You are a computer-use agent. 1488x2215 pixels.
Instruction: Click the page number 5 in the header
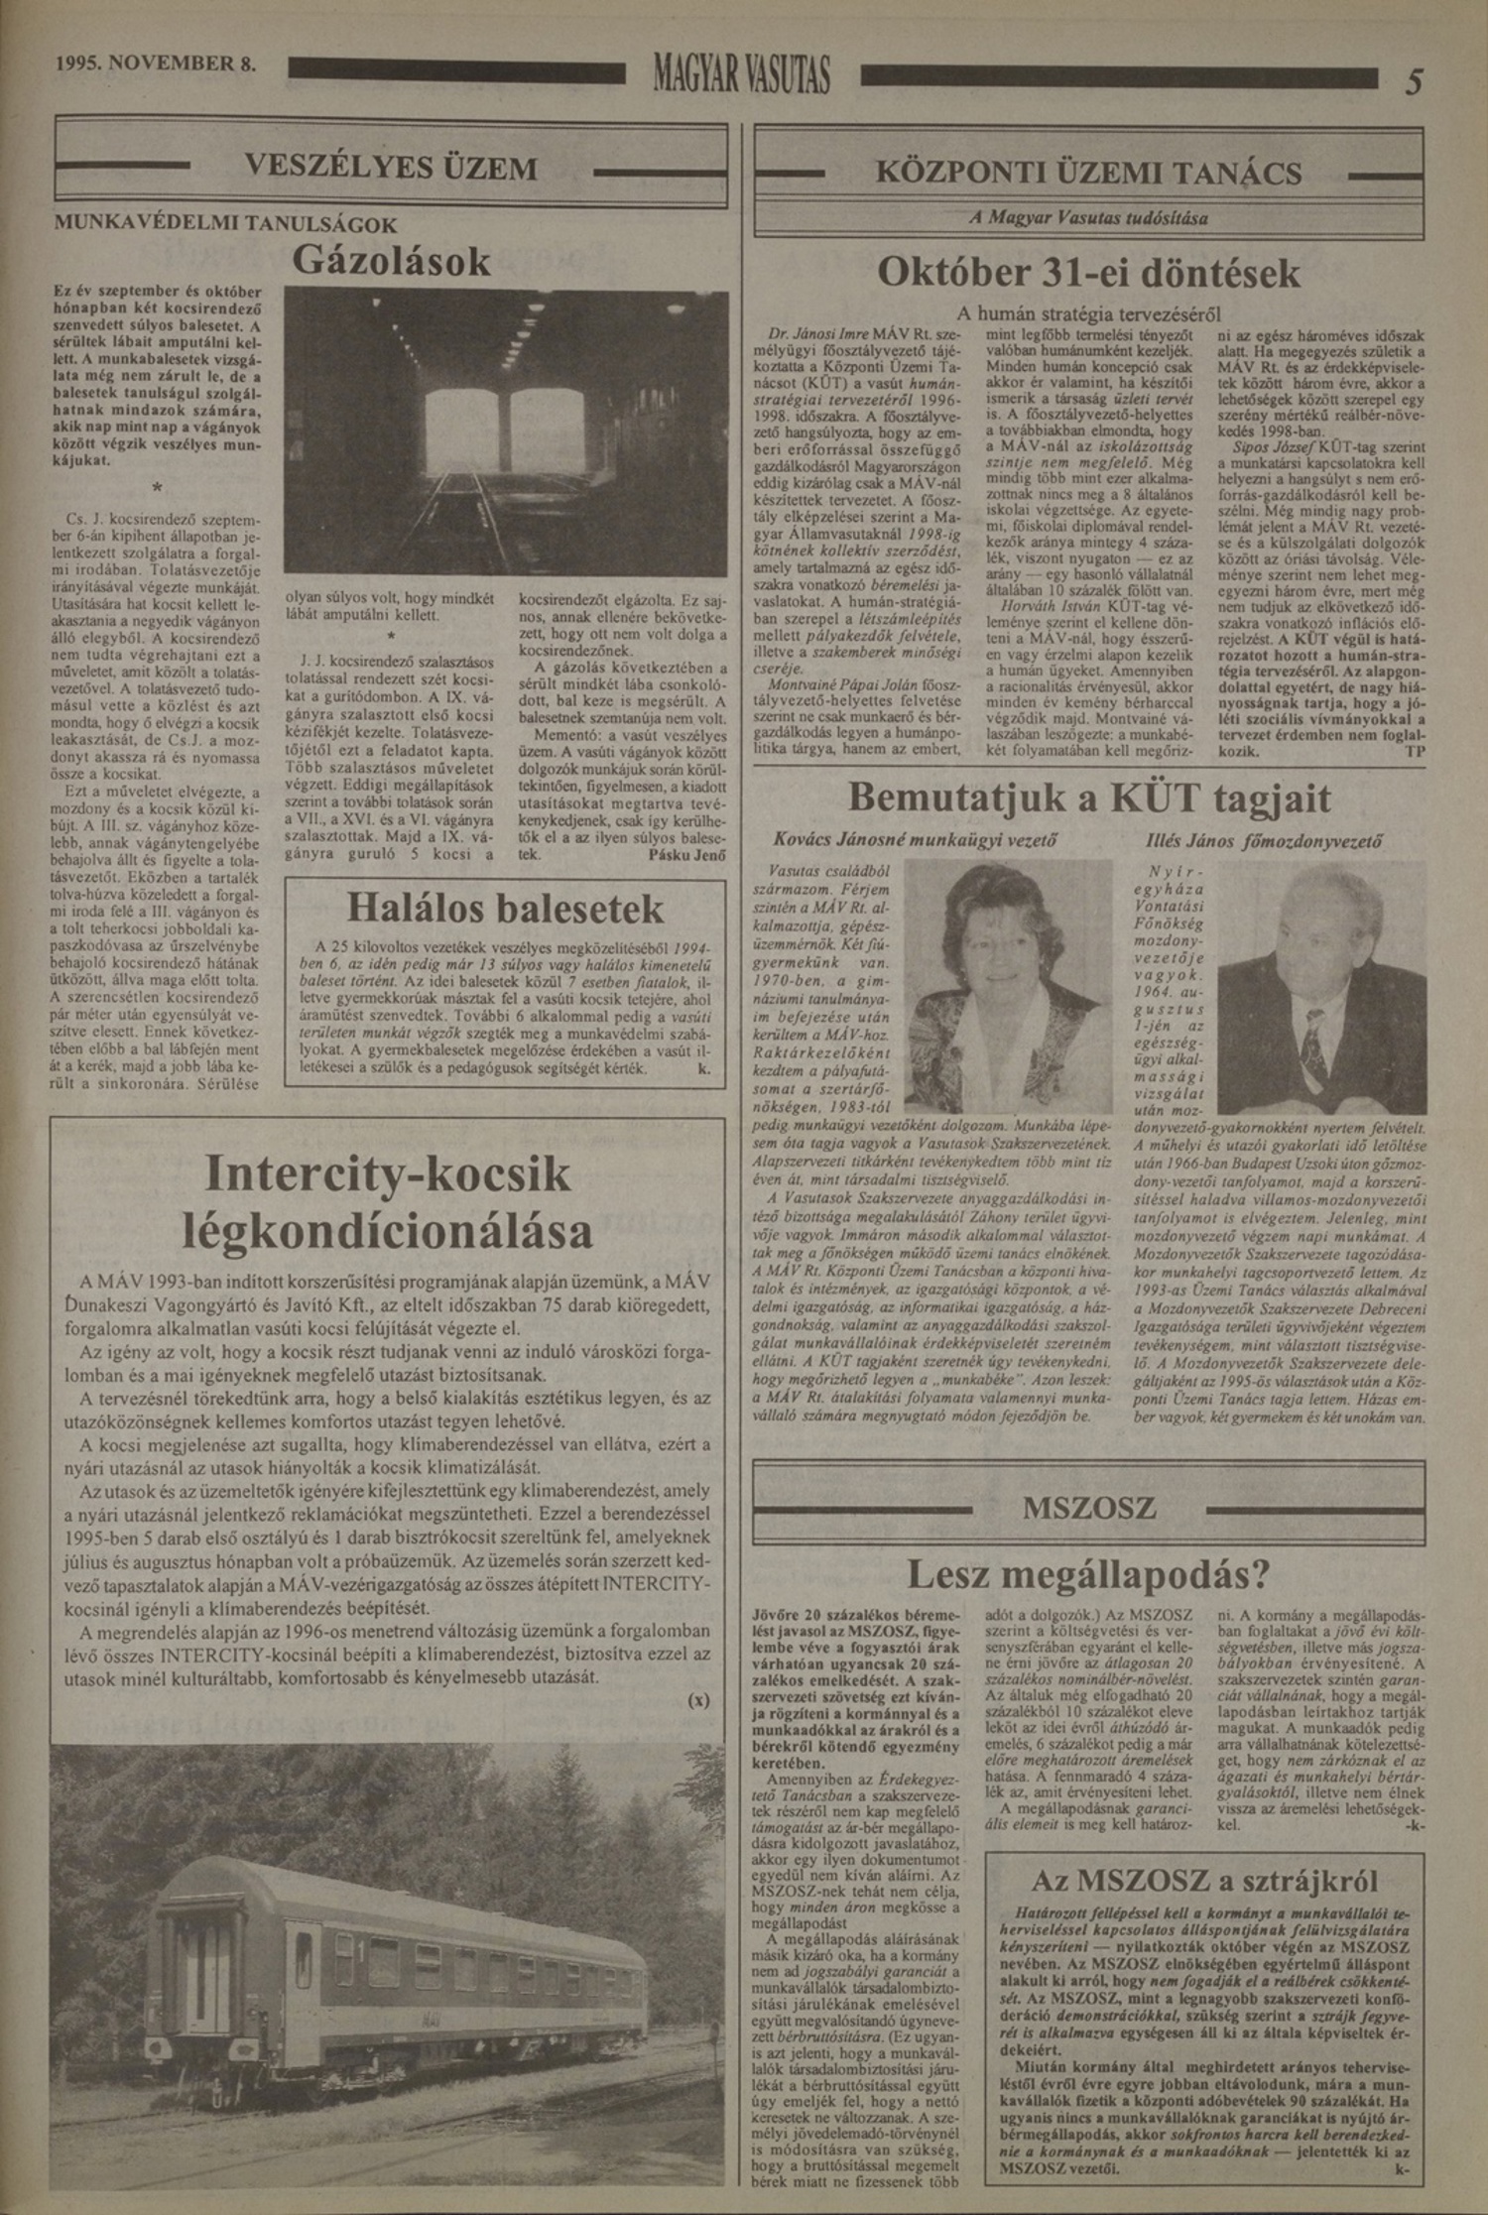[1413, 81]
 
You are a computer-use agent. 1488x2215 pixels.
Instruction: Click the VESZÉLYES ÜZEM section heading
[391, 167]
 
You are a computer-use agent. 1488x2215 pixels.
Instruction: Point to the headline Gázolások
[391, 260]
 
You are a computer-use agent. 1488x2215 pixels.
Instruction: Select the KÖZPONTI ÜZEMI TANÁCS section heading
[1088, 174]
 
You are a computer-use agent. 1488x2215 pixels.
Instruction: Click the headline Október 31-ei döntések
[1088, 272]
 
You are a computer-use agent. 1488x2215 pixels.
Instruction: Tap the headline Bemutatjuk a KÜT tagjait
[1088, 799]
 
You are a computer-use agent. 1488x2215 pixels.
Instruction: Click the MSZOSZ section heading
[1088, 1509]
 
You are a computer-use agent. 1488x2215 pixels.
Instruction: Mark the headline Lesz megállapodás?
[1088, 1573]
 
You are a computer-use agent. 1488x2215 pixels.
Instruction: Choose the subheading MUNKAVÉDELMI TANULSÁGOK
[225, 224]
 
